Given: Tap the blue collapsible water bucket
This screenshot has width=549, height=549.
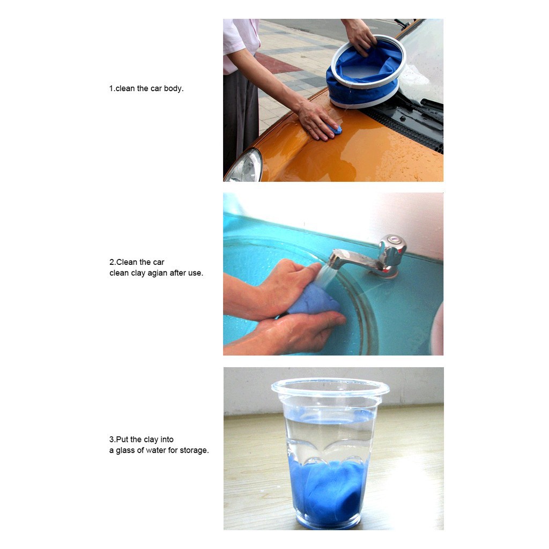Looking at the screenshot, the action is pos(366,72).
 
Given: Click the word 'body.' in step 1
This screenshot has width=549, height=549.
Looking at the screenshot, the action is pos(174,88).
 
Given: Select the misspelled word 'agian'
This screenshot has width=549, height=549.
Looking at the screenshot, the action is pos(158,273).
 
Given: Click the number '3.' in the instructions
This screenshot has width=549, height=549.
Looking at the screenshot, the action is pos(113,440).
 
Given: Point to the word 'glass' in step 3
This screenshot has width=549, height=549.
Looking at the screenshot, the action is pos(125,450).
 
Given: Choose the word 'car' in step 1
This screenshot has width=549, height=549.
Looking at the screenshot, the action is pos(156,88).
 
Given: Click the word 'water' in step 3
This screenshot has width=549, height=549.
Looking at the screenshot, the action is pos(156,450).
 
